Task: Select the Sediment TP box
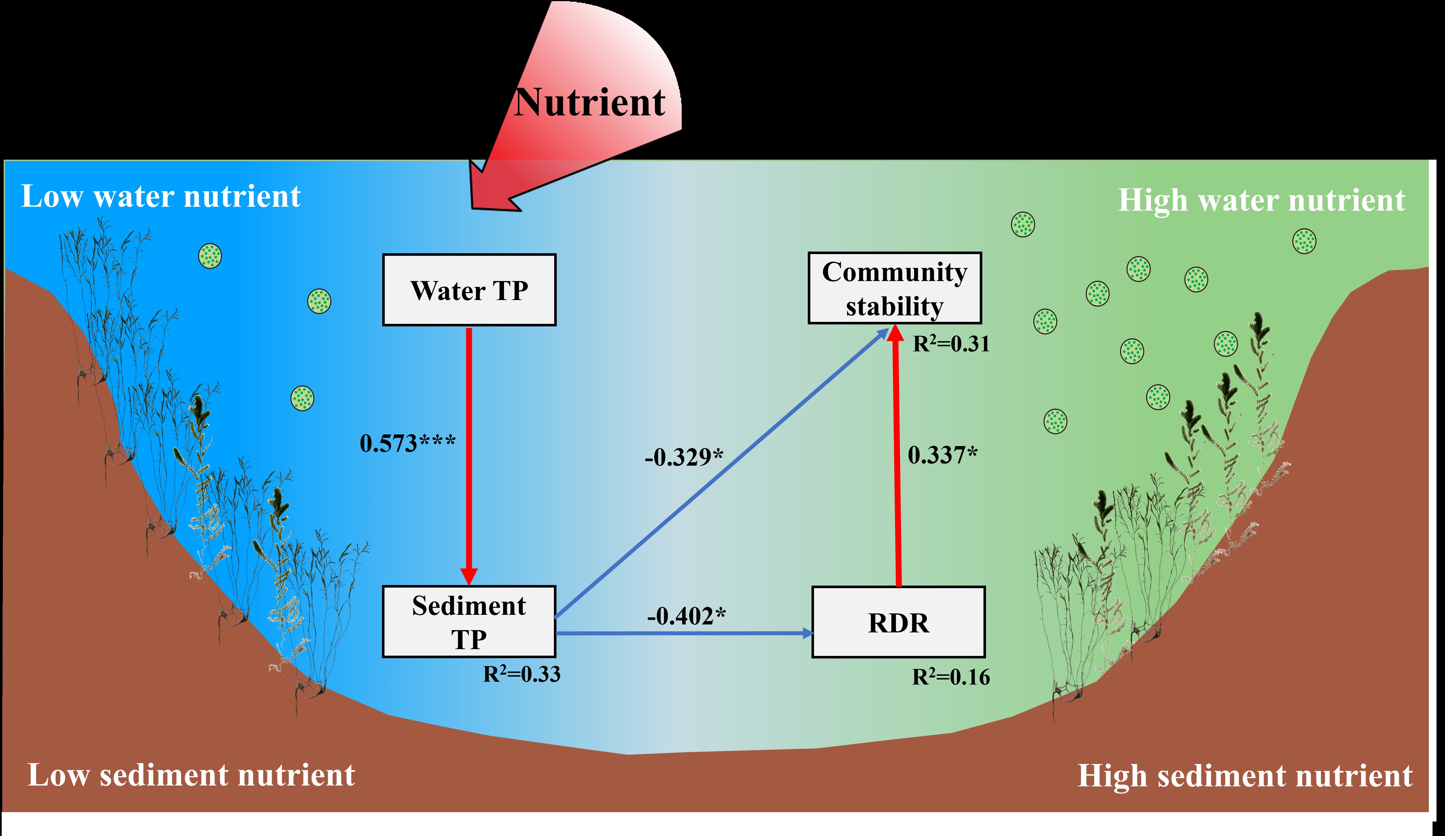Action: [x=469, y=621]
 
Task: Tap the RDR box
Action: [x=898, y=622]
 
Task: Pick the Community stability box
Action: [x=894, y=288]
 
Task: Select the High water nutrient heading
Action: [x=1261, y=200]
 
